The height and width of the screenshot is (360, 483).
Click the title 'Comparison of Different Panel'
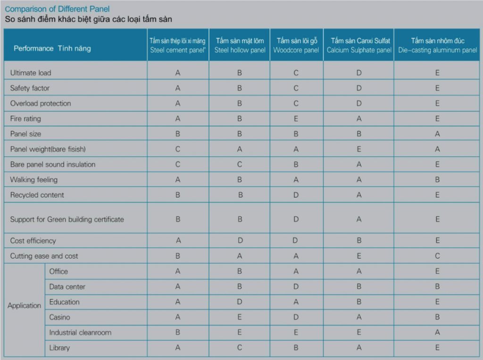pyautogui.click(x=57, y=9)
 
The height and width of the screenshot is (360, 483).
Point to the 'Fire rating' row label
pyautogui.click(x=25, y=118)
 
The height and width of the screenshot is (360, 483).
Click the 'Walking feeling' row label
pyautogui.click(x=33, y=180)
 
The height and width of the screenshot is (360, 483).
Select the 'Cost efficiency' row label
pyautogui.click(x=33, y=241)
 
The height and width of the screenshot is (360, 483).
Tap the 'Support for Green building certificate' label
pyautogui.click(x=67, y=219)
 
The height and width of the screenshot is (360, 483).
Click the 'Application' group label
pyautogui.click(x=24, y=305)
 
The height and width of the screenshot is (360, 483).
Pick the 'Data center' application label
pyautogui.click(x=67, y=286)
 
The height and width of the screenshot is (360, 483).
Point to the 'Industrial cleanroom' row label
pyautogui.click(x=80, y=333)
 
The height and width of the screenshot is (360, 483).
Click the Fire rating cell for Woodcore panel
pyautogui.click(x=296, y=119)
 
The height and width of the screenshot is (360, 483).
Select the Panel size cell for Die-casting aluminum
pyautogui.click(x=437, y=134)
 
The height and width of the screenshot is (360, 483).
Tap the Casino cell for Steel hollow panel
pyautogui.click(x=240, y=317)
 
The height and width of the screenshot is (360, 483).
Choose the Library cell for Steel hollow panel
pyautogui.click(x=240, y=348)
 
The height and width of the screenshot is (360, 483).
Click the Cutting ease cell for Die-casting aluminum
pyautogui.click(x=437, y=256)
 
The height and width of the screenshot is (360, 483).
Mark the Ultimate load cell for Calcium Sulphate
pyautogui.click(x=359, y=73)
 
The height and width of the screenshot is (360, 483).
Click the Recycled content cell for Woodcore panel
pyautogui.click(x=296, y=195)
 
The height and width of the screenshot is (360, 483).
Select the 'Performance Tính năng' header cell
pyautogui.click(x=52, y=48)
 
